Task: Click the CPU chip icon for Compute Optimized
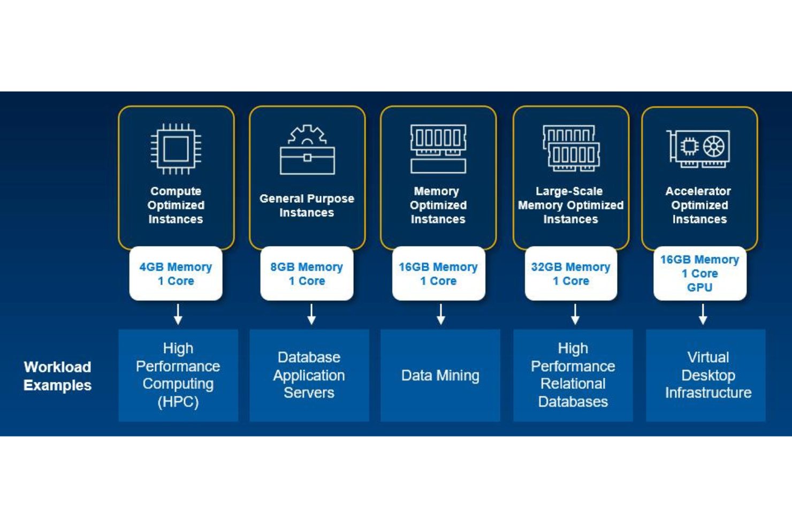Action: click(x=176, y=149)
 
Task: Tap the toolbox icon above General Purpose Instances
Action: click(x=307, y=150)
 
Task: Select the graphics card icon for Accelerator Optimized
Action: click(x=698, y=148)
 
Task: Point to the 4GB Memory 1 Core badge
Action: click(x=176, y=273)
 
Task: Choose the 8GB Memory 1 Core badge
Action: click(x=307, y=273)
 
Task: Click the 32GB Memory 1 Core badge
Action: click(x=570, y=273)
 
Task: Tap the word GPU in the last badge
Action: click(x=699, y=288)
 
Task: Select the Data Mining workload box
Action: click(x=440, y=375)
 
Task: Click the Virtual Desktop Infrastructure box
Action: click(x=707, y=375)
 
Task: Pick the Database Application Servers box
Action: click(x=309, y=375)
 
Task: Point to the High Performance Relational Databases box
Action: click(x=573, y=375)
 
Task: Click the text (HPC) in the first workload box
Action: click(x=178, y=402)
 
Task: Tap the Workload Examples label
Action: click(x=57, y=376)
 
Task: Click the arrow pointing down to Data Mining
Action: click(x=440, y=315)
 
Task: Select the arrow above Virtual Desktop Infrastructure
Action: click(x=703, y=315)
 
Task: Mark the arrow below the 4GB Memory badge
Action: click(x=178, y=315)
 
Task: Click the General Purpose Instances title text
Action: click(x=307, y=205)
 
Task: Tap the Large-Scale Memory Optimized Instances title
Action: click(x=570, y=205)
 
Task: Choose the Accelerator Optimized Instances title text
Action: click(x=699, y=205)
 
